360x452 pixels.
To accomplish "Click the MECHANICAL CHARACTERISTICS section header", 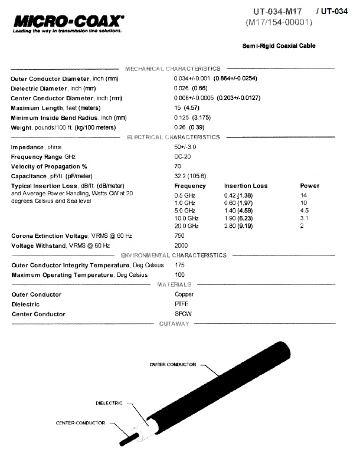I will (172, 69).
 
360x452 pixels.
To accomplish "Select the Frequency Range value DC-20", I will (183, 156).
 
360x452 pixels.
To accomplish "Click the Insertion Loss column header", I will (246, 185).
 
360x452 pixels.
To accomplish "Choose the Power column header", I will (310, 185).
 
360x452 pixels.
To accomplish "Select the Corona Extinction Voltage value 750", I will (179, 236).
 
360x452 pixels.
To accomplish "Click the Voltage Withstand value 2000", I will (181, 245).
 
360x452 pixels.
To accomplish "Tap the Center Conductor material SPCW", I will (184, 314).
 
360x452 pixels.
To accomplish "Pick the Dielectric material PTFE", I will (182, 304).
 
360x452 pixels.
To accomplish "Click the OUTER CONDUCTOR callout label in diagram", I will (172, 365).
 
